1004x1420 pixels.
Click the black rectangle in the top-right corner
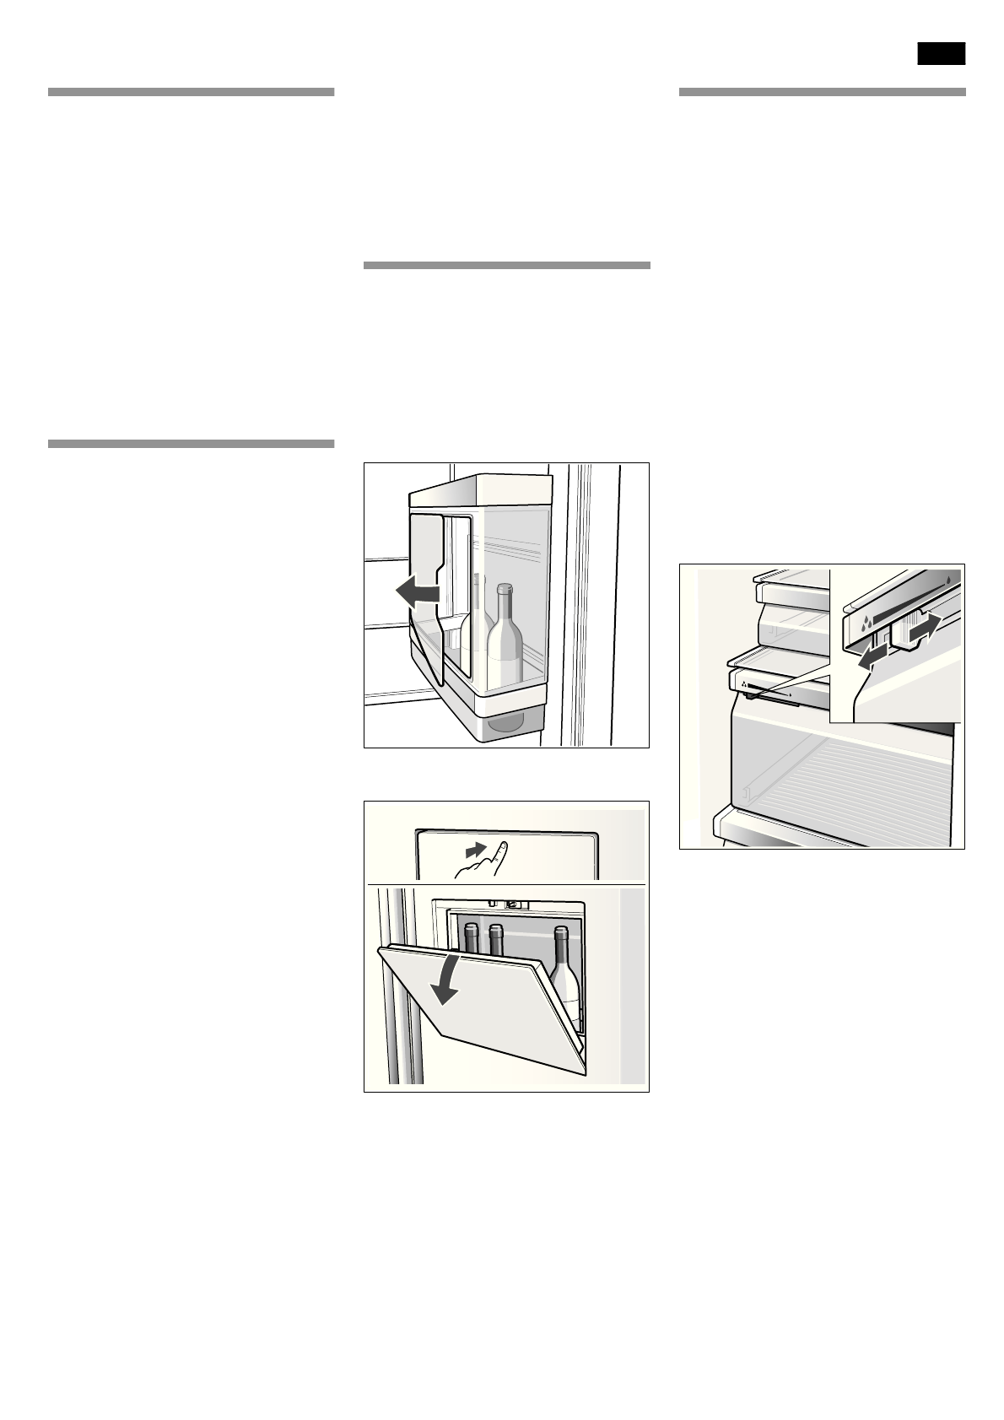942,53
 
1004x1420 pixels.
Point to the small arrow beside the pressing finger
477,847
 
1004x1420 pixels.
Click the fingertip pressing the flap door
502,845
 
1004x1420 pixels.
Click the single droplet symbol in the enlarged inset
951,580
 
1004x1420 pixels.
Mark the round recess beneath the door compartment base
504,723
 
